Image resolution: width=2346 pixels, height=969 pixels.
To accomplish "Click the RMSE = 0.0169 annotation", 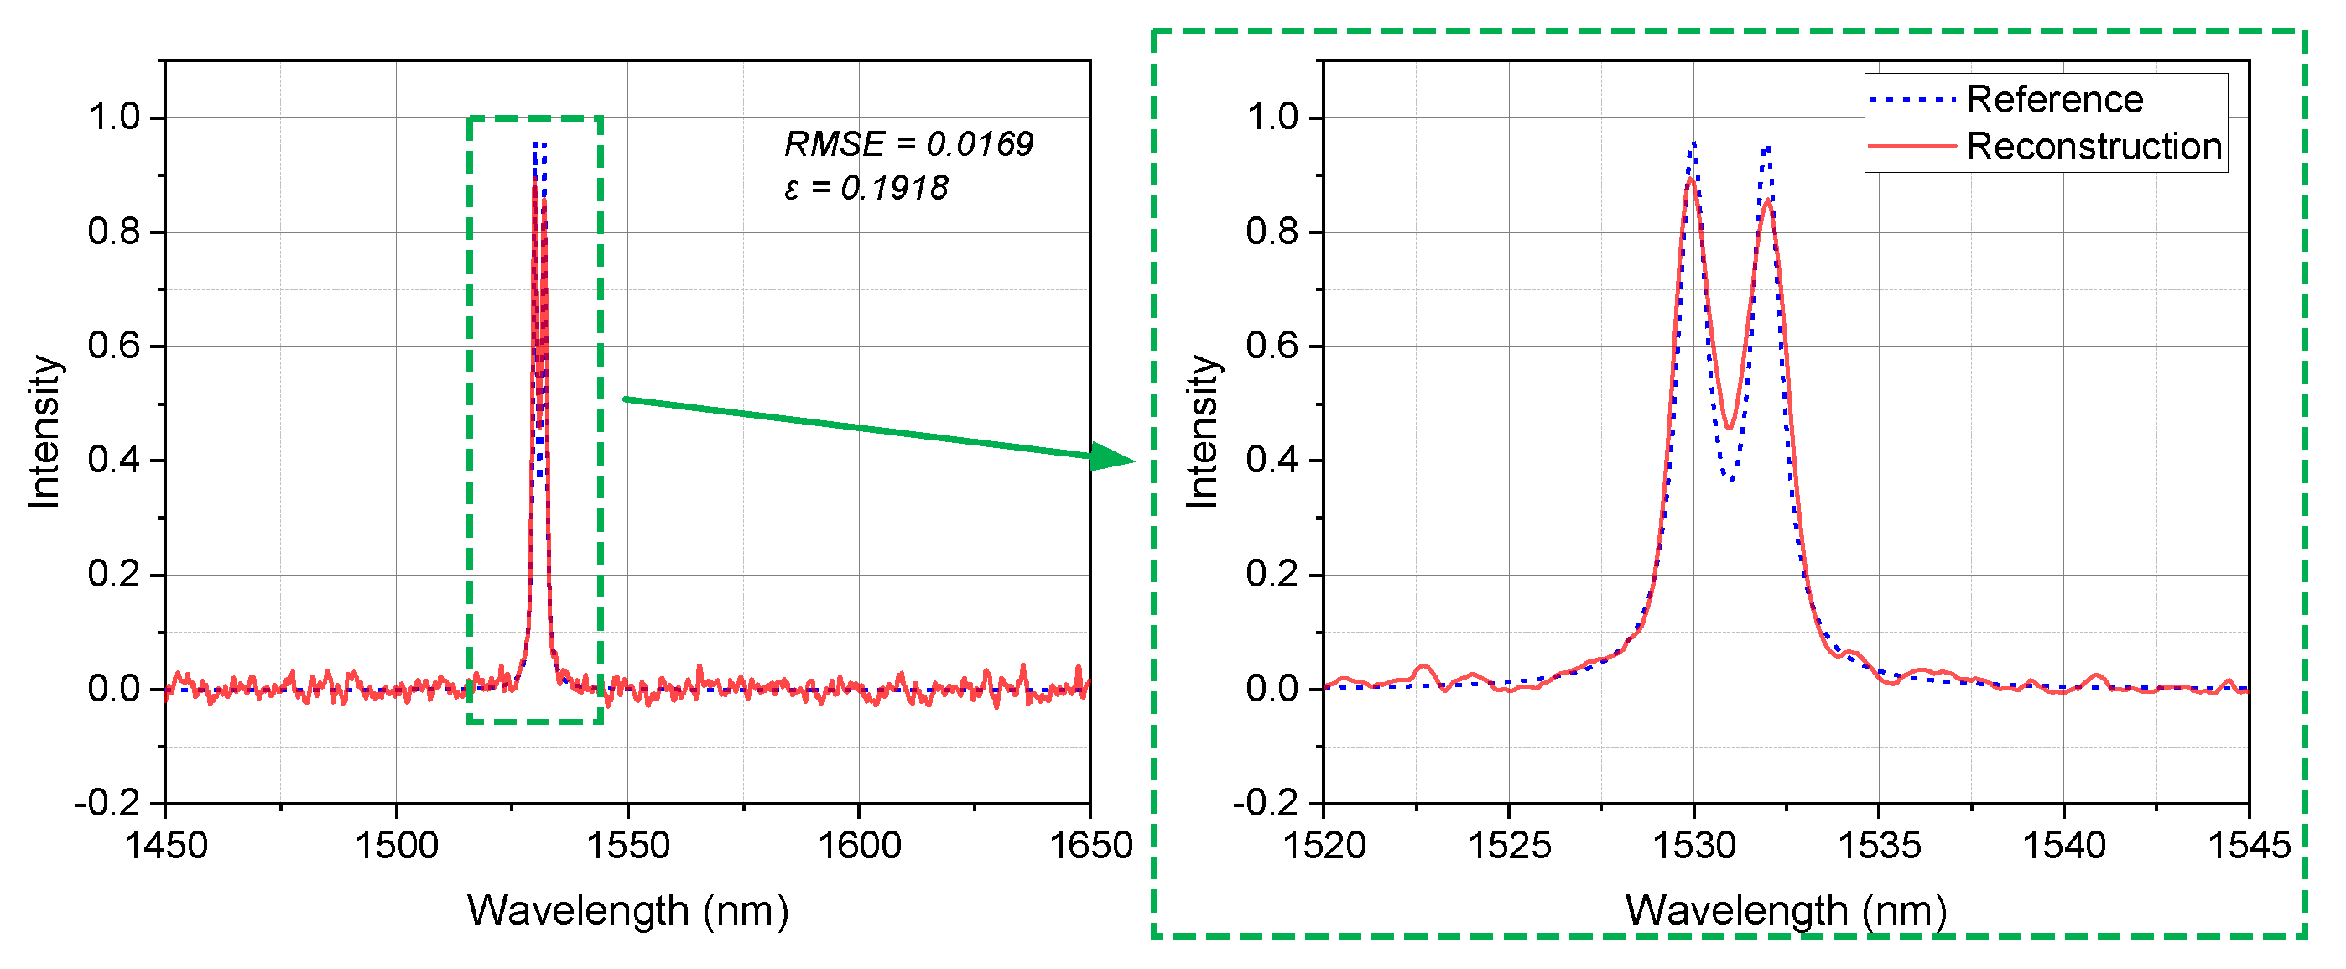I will pos(908,144).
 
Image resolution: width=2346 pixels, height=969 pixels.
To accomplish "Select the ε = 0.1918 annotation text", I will pos(866,189).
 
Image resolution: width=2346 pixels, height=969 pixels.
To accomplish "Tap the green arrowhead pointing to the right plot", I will pos(1113,456).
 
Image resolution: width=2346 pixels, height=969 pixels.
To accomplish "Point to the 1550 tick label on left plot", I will pos(627,846).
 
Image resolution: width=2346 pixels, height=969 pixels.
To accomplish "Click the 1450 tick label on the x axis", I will pos(166,846).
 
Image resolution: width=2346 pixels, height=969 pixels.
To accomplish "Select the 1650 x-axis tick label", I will pos(1090,846).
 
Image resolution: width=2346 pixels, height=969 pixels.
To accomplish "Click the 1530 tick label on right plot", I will pos(1694,846).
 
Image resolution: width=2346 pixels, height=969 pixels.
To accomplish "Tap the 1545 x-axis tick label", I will pos(2249,846).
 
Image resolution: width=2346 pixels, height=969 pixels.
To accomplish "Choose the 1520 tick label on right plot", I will pos(1324,846).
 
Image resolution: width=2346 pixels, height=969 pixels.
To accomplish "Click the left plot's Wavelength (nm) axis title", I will pos(627,911).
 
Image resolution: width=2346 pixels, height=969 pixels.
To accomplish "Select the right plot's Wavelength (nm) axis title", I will pos(1786,911).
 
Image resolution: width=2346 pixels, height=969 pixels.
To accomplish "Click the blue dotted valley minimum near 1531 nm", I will pos(1730,480).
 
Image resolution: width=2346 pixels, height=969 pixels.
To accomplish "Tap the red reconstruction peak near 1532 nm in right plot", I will pos(1766,200).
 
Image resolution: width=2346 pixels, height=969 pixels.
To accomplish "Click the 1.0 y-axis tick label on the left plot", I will pos(114,117).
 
